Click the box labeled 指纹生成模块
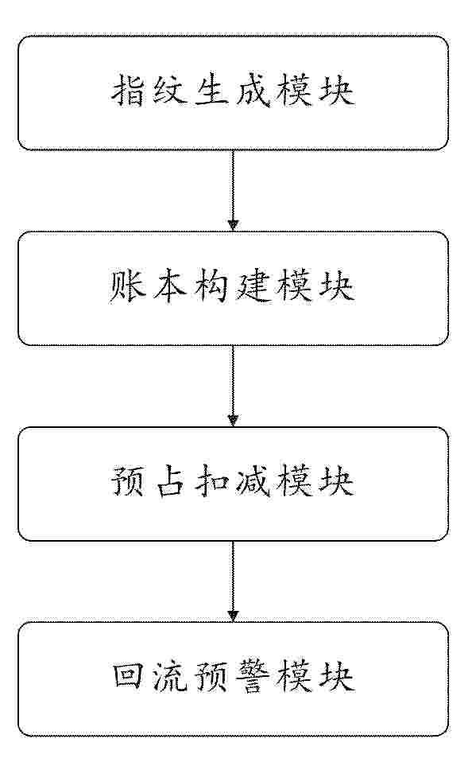coord(233,92)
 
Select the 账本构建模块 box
coord(233,288)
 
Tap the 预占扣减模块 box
coord(233,484)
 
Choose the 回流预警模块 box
coord(233,679)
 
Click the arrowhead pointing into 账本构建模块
coord(233,225)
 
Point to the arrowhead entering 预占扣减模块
coord(233,421)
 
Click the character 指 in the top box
coord(128,91)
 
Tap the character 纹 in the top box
coord(169,91)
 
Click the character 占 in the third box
coord(169,481)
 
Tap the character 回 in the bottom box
coord(128,676)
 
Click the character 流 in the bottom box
coord(169,676)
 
